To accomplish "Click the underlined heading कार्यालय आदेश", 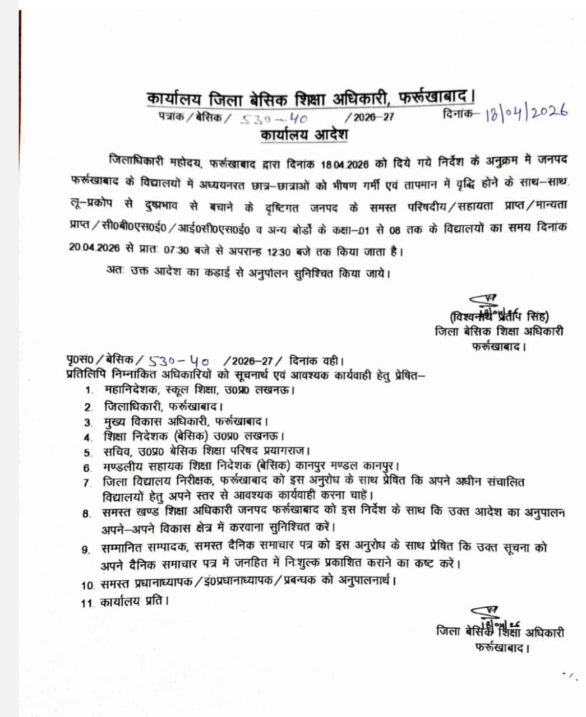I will coord(304,136).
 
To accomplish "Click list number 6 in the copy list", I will coord(87,467).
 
